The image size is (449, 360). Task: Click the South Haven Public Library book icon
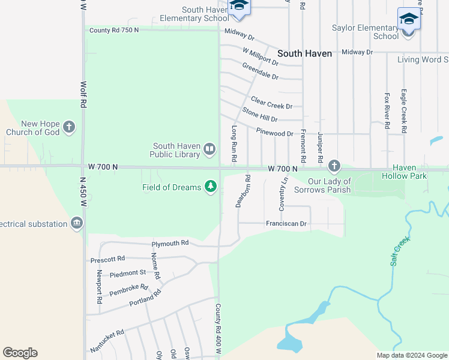pos(209,148)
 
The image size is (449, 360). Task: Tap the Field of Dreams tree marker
pos(210,187)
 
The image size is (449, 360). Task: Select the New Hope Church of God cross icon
pos(70,127)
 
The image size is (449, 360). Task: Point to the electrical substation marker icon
pos(76,224)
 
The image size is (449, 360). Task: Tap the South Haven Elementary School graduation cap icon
pos(239,5)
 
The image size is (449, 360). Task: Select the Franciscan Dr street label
pos(286,224)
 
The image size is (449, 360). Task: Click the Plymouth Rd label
pos(170,244)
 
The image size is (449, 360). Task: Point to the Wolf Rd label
pos(83,95)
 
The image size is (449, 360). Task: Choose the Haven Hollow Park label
pos(404,172)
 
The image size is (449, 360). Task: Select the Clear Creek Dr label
pos(271,103)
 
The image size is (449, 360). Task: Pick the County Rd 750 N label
pos(113,30)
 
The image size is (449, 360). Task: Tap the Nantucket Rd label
pos(107,341)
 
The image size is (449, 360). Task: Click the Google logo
pos(20,353)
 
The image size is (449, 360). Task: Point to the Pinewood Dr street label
pos(274,133)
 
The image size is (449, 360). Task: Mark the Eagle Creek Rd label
pos(404,111)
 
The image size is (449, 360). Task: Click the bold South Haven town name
pos(305,53)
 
